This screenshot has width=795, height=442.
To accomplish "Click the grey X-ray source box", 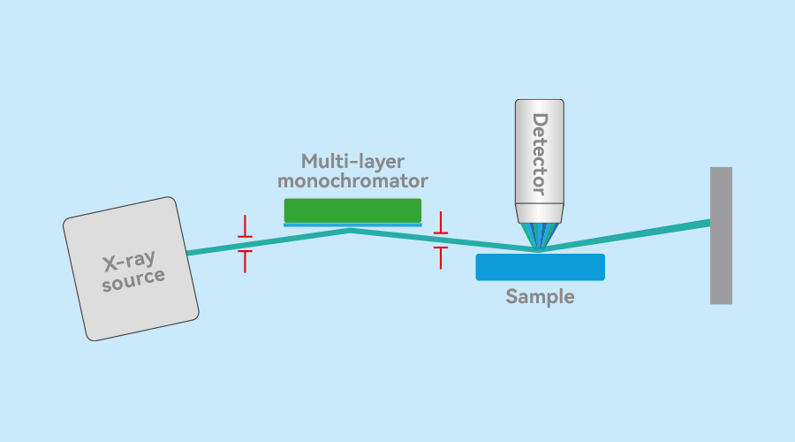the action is click(x=131, y=269).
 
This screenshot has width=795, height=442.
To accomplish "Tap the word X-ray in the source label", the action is click(x=129, y=261).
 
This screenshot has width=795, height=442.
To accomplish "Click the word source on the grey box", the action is click(x=133, y=279).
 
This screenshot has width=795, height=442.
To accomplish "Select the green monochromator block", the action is click(x=352, y=210).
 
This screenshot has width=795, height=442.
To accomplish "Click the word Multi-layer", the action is click(x=352, y=162).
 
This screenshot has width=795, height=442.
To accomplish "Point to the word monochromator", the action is click(x=352, y=180).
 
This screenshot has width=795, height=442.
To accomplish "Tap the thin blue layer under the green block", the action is click(x=352, y=225).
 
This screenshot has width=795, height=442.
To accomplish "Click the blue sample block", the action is click(x=540, y=267).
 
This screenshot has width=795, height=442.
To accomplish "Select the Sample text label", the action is click(x=540, y=296).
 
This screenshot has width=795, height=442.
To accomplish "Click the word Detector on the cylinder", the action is click(x=540, y=154).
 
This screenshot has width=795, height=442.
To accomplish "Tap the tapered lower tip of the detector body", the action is click(x=540, y=213).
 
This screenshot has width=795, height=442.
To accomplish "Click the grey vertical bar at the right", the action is click(x=721, y=235).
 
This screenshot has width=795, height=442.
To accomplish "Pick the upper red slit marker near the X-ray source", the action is click(x=245, y=226).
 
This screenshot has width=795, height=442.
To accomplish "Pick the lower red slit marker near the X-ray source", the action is click(x=245, y=262).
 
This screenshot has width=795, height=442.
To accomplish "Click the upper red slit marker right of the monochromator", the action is click(x=441, y=223).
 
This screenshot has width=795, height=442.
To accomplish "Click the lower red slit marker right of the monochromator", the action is click(x=441, y=258).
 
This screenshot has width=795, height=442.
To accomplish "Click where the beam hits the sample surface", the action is click(x=538, y=249).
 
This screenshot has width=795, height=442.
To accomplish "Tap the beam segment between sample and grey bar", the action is click(x=625, y=236).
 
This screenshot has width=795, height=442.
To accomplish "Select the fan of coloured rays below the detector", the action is click(x=540, y=236).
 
